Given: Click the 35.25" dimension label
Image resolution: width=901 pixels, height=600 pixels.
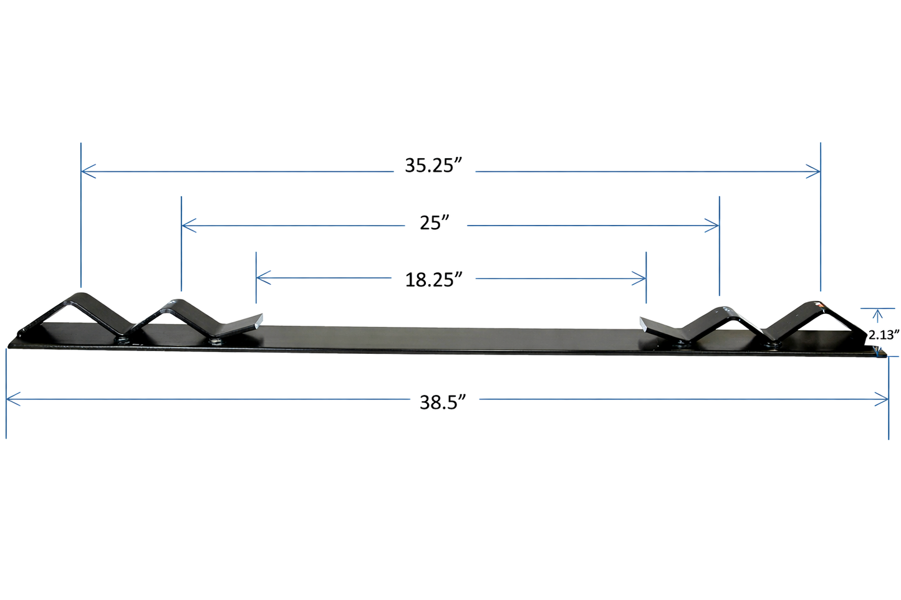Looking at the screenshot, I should [433, 166].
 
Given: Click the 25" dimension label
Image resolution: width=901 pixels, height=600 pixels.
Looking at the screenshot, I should [435, 223].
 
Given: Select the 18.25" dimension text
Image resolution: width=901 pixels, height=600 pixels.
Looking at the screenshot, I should [433, 280].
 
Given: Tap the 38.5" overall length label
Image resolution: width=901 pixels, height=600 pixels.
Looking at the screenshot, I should [443, 402].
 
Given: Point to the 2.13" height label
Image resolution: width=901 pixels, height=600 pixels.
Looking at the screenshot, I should [884, 335].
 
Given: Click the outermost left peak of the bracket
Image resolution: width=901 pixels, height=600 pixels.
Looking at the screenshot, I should [80, 295].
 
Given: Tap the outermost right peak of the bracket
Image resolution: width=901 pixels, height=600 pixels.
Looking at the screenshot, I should [817, 304].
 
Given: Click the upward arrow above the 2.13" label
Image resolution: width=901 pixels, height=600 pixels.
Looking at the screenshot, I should [877, 315].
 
